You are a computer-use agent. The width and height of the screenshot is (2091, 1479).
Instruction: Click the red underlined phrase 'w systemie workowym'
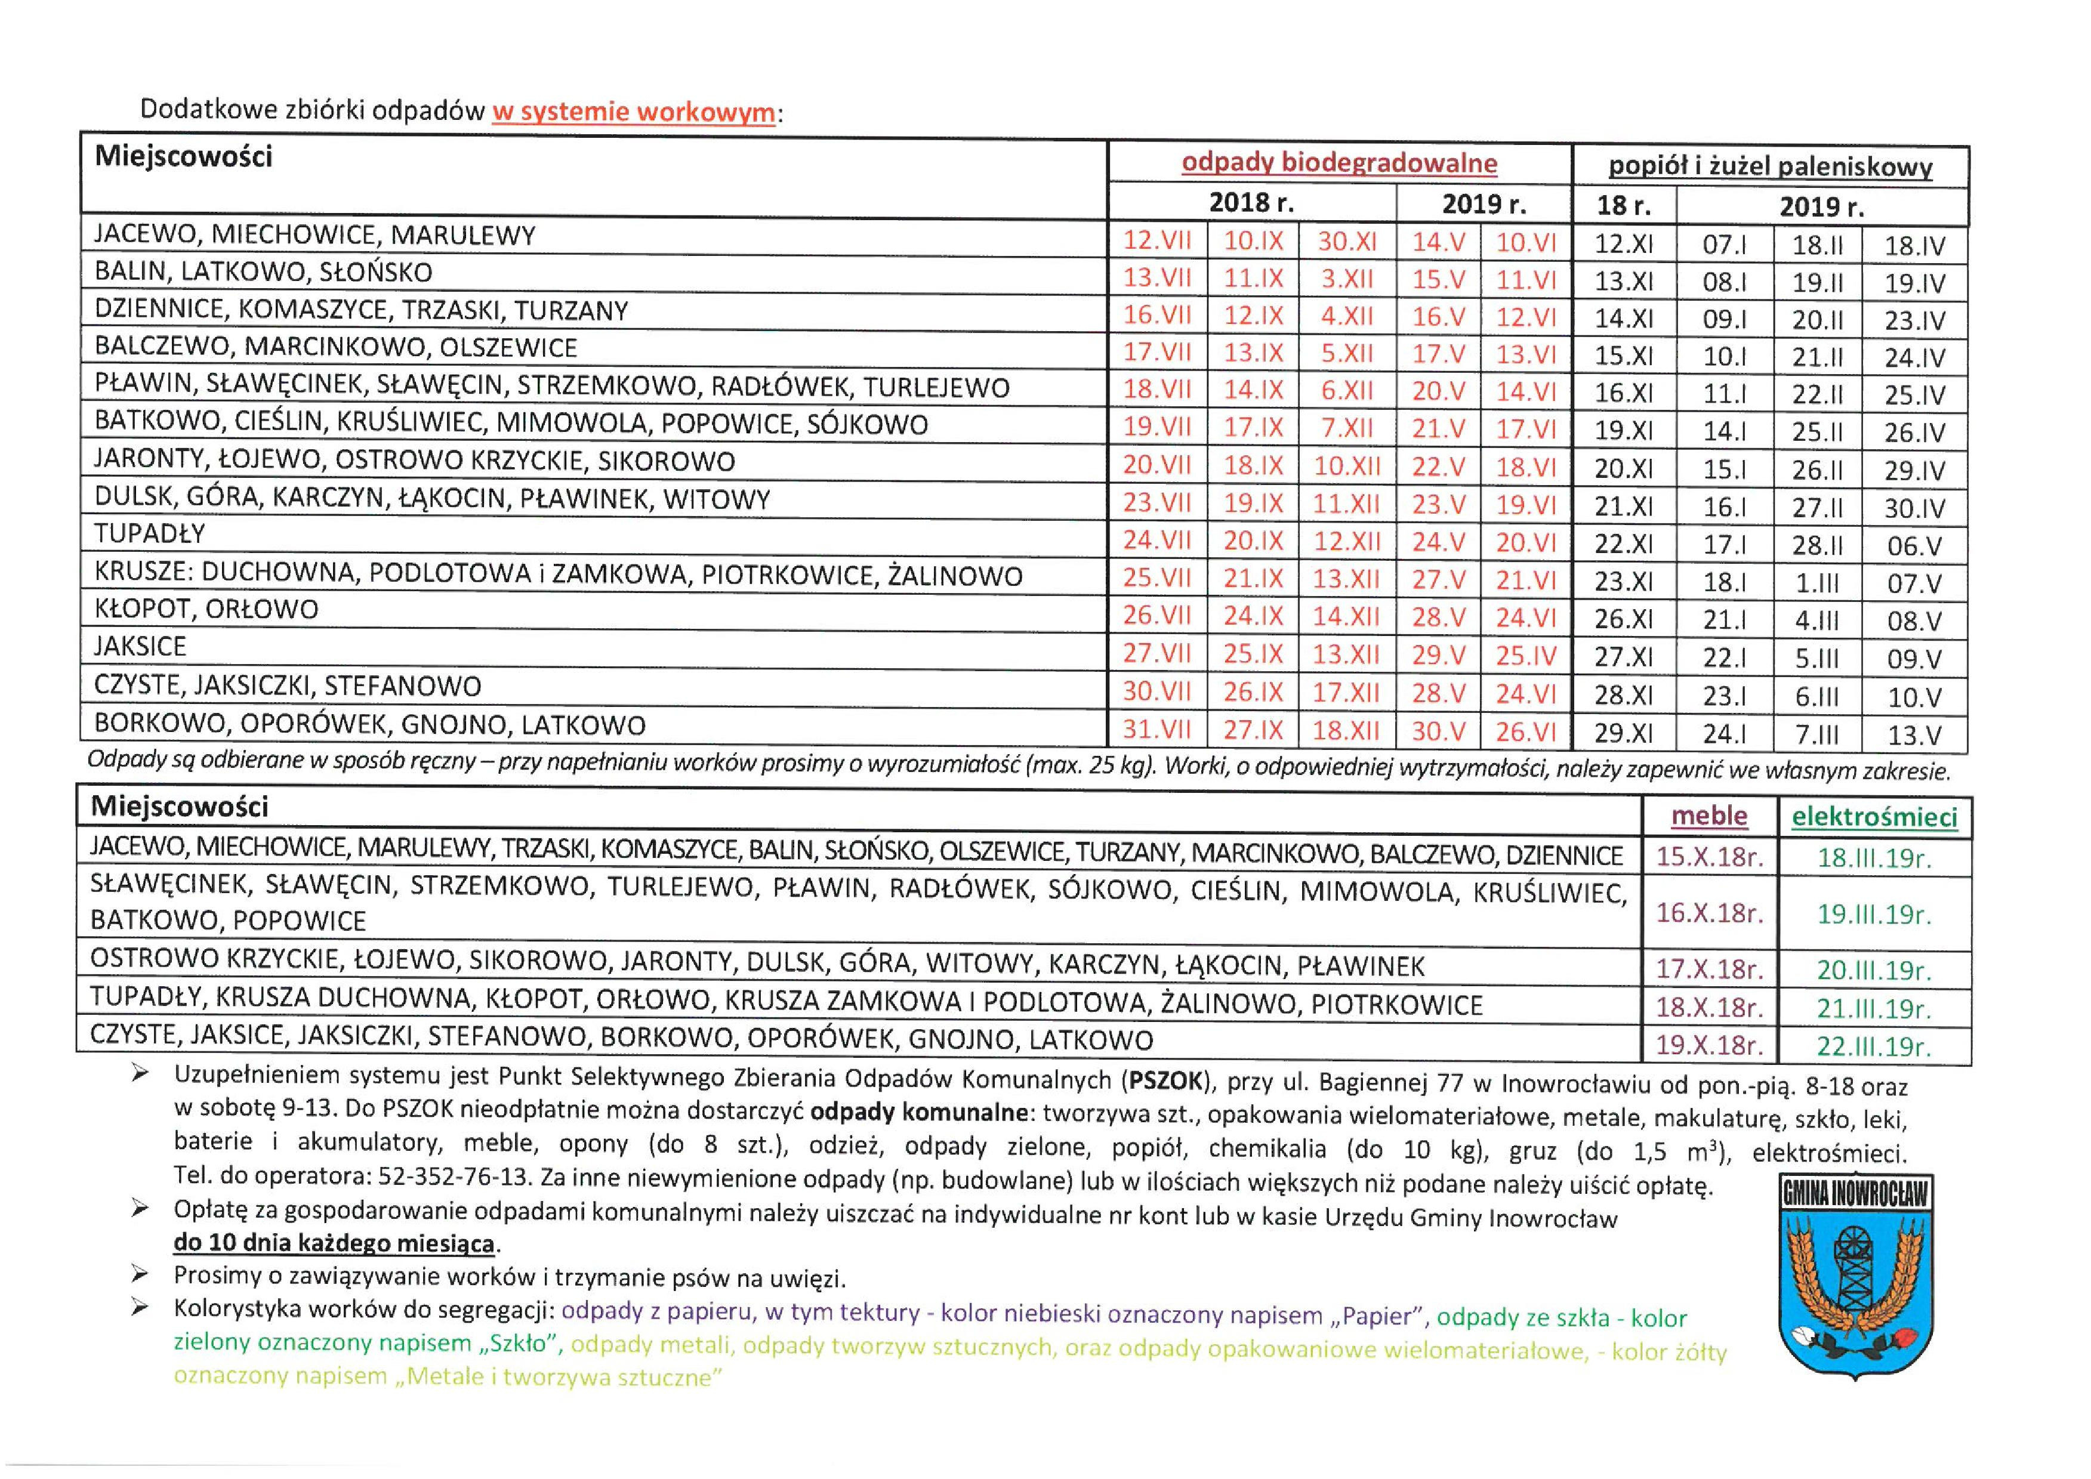tap(633, 113)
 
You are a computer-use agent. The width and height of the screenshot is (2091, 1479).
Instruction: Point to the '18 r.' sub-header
tap(1623, 205)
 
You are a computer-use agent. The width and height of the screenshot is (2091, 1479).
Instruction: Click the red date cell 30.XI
tap(1347, 242)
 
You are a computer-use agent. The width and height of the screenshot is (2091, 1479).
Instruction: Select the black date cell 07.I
tap(1724, 245)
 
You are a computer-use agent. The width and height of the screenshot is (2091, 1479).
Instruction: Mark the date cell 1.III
tap(1816, 583)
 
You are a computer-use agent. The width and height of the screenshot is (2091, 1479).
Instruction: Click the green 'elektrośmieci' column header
tap(1874, 817)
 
